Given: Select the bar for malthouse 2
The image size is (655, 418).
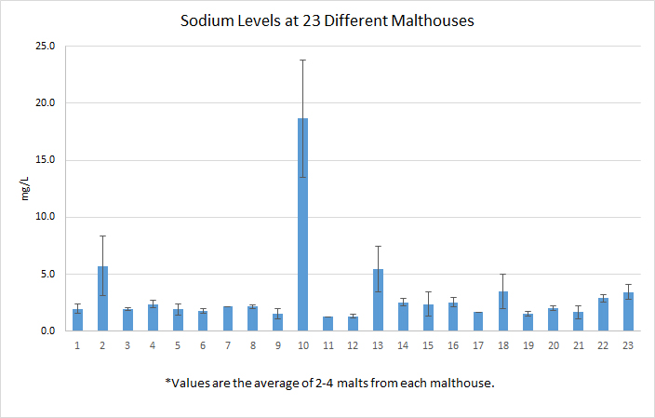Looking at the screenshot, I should [x=103, y=299].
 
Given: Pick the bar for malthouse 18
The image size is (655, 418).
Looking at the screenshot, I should [x=503, y=311].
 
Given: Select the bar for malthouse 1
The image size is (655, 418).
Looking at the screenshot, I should [x=78, y=320].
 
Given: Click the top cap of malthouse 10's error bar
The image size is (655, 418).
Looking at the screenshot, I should [x=302, y=60].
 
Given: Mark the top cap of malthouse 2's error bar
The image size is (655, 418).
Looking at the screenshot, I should [x=103, y=236].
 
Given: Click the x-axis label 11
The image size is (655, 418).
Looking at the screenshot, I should [x=327, y=344].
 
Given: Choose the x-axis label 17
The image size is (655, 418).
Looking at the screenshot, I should [x=477, y=344].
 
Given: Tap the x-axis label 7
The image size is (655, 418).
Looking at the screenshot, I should [x=228, y=344].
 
